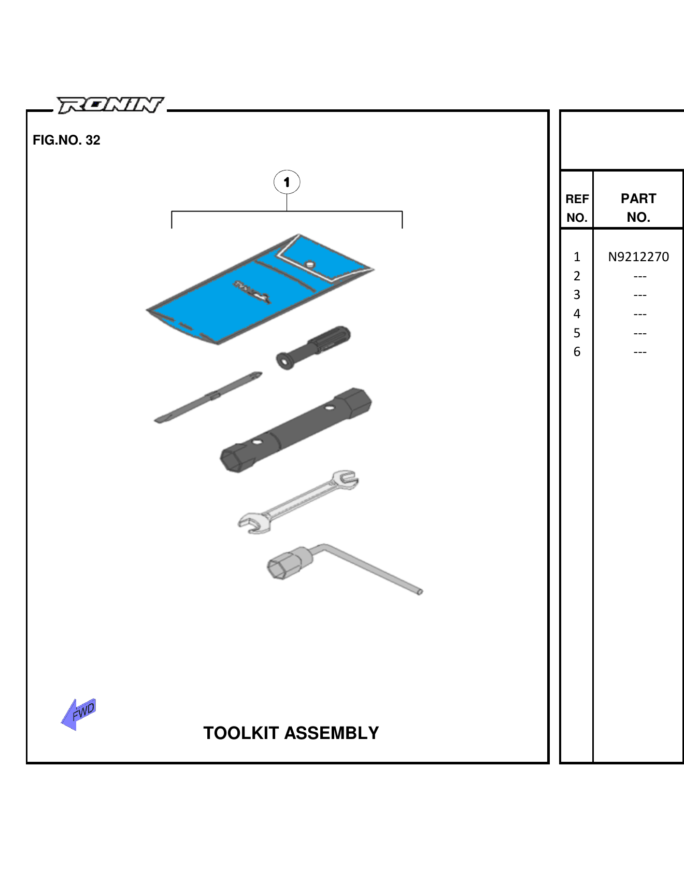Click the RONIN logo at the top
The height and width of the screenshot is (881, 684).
[x=110, y=105]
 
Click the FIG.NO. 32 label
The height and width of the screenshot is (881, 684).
[x=66, y=140]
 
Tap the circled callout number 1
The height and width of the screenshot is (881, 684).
[x=287, y=182]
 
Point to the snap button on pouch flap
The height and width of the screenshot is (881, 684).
[x=310, y=264]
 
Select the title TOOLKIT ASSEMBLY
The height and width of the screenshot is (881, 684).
[x=291, y=733]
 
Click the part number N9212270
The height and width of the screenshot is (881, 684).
[x=638, y=257]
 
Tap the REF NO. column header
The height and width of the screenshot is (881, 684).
[x=577, y=208]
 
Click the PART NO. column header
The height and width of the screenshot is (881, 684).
[x=638, y=207]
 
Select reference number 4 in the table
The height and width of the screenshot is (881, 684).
[x=577, y=314]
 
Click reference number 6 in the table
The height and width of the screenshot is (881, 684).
[x=577, y=352]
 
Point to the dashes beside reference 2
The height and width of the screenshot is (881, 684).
[x=640, y=276]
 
